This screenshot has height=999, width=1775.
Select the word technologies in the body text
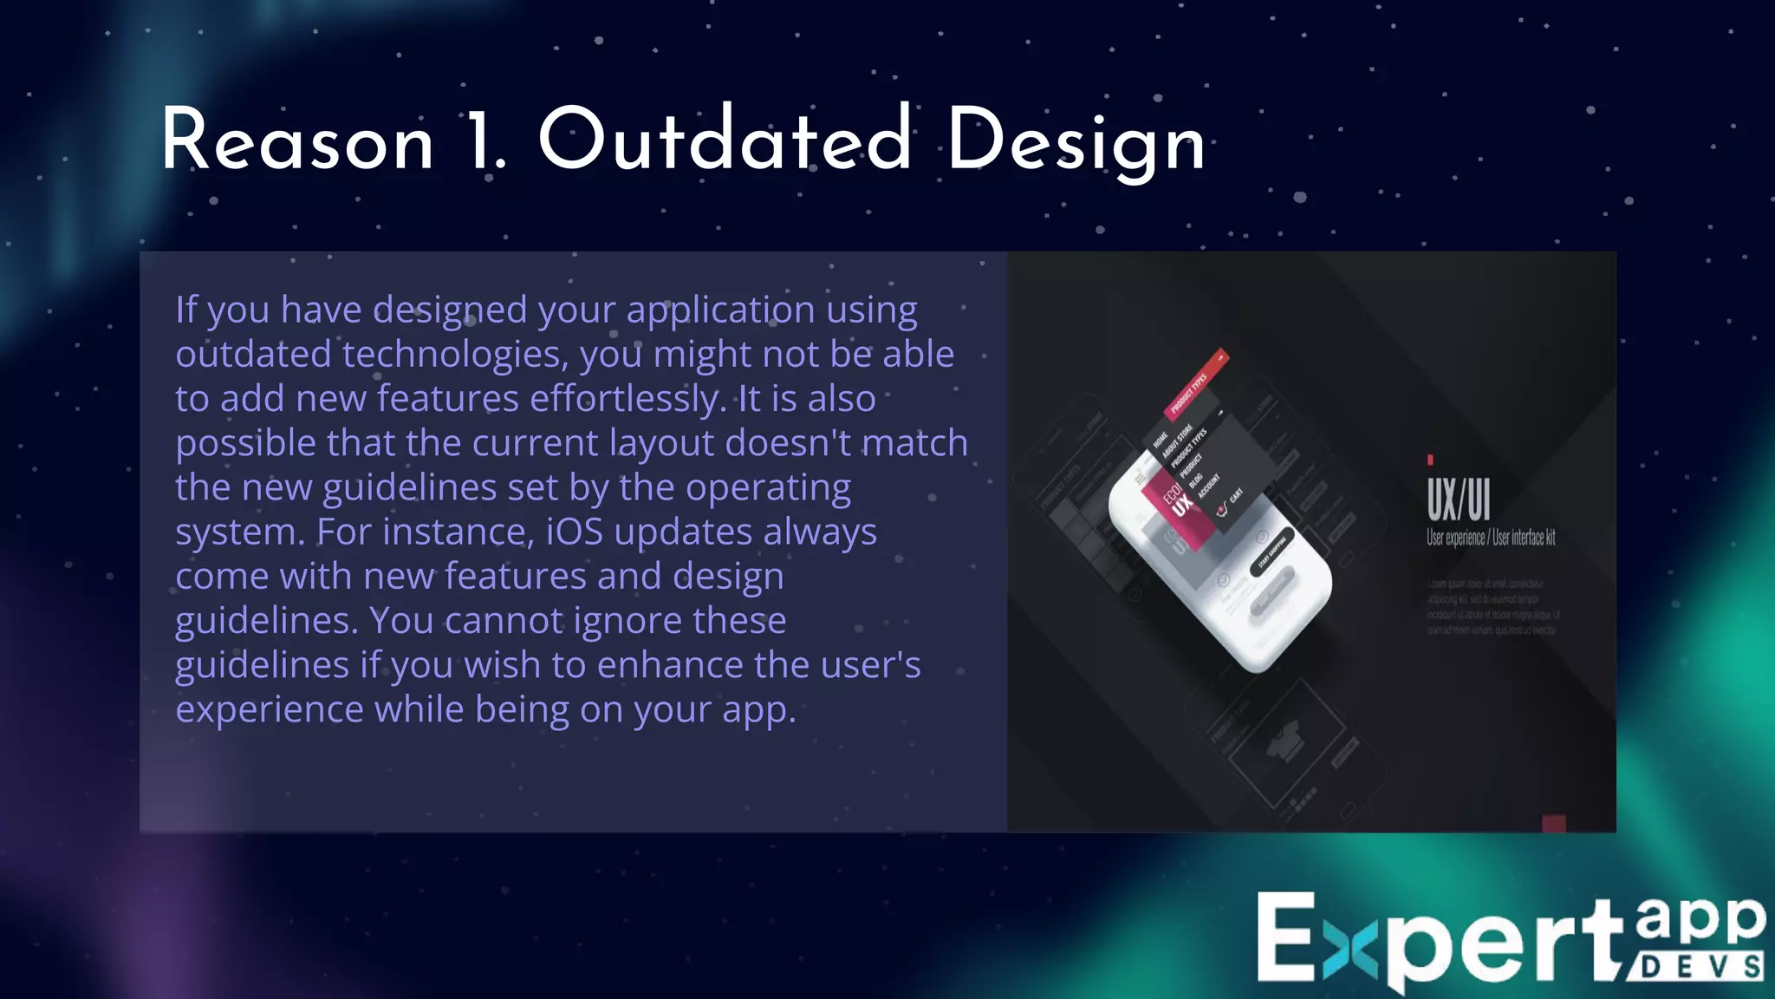(457, 355)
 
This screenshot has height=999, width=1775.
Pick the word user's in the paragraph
(870, 665)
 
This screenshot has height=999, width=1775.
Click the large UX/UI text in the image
(1459, 499)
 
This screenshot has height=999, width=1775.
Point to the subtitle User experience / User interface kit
(1491, 538)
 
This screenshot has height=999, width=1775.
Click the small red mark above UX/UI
(1430, 460)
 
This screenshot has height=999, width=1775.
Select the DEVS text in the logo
(1699, 967)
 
